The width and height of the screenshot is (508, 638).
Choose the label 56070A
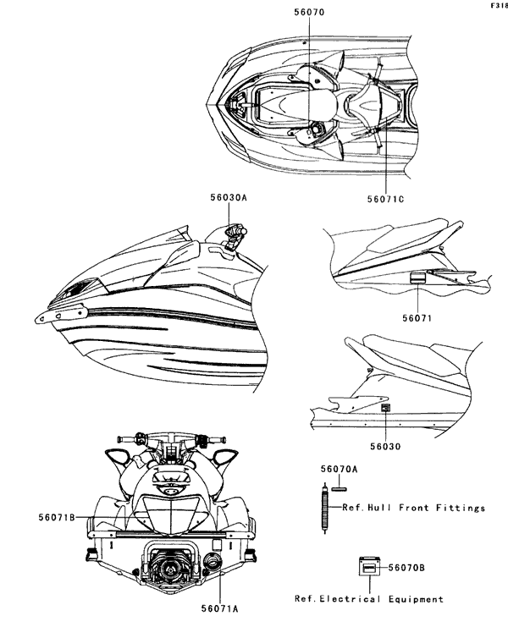pos(339,469)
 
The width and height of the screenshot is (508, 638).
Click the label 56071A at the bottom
pos(219,608)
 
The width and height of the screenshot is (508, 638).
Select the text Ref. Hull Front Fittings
pos(414,509)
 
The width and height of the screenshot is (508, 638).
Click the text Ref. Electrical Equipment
pos(368,599)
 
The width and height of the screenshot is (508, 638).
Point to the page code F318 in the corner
pos(498,6)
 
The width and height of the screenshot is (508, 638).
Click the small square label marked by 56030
pos(386,408)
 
